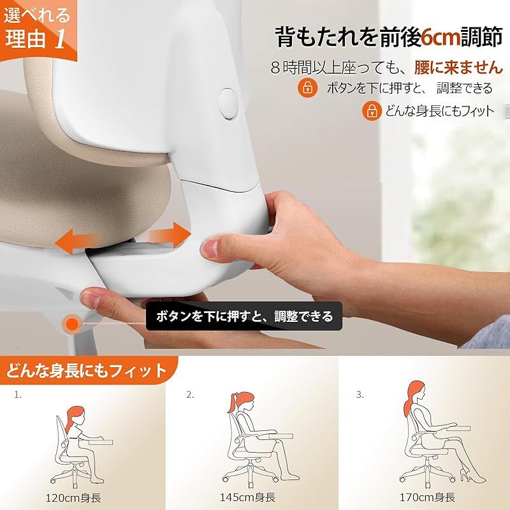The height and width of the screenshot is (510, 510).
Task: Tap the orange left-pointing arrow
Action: point(76,242)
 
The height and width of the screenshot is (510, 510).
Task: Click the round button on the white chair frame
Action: point(228,104)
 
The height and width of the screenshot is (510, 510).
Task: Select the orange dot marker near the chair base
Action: point(72,324)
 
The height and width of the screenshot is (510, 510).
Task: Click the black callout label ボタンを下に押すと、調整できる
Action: point(244,316)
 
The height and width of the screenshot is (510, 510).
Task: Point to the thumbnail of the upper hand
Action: point(209,249)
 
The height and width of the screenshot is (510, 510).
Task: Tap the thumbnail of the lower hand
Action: point(91,299)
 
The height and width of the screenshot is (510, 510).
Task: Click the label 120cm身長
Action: point(73,498)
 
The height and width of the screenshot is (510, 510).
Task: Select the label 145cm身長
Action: point(247,497)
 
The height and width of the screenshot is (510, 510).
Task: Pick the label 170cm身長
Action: point(427,497)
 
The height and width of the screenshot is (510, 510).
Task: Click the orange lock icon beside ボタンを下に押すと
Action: point(308,87)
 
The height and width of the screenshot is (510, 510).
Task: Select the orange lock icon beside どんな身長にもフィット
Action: point(372,111)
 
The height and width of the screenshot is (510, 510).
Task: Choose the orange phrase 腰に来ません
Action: point(458,68)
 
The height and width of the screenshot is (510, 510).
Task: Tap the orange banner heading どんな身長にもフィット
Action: point(87,371)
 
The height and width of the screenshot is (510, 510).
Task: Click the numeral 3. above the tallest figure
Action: point(360,395)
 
